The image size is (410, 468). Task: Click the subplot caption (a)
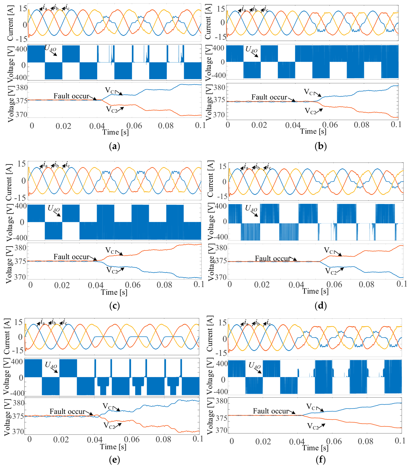[114, 146]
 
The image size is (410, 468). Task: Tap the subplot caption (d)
[321, 306]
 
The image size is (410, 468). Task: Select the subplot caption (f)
[321, 459]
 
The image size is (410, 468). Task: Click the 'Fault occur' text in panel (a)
[71, 96]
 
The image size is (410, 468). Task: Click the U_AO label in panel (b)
[251, 49]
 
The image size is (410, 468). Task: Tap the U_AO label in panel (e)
[51, 365]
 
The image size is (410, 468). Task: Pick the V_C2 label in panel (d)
[331, 272]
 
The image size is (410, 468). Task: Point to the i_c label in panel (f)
[269, 323]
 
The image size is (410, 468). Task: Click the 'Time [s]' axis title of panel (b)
[313, 131]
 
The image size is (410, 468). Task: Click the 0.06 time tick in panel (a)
[134, 126]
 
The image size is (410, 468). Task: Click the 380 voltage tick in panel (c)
[20, 248]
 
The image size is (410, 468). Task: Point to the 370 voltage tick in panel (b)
[219, 115]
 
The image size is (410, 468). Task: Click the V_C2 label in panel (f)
[313, 426]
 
